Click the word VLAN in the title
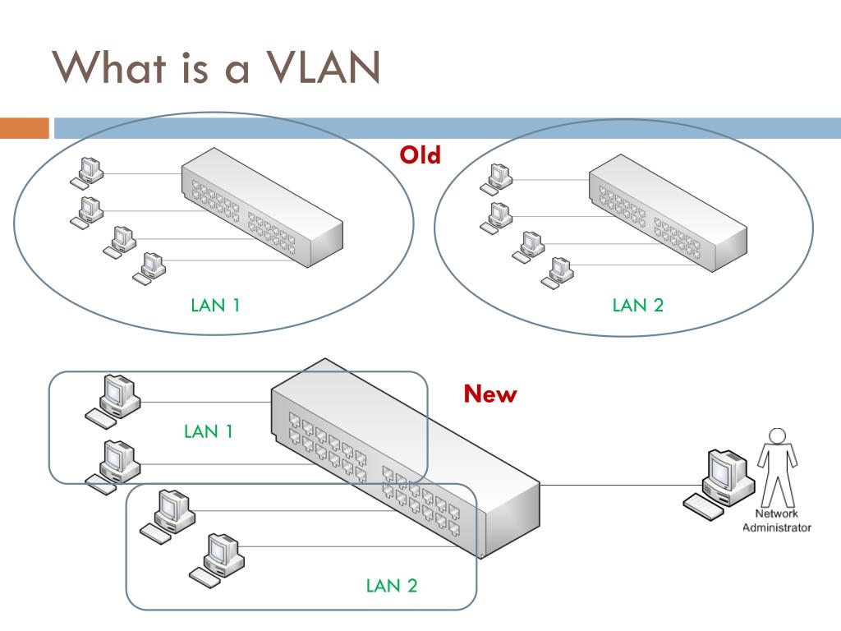324,67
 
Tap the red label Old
420,155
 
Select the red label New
490,394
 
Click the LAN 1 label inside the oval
215,306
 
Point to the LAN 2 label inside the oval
637,306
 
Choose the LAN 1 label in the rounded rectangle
208,431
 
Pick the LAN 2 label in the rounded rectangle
392,585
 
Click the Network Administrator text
777,520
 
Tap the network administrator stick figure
777,467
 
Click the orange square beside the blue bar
25,128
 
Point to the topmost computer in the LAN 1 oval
87,173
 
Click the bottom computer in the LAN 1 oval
149,268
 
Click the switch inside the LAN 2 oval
668,213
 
